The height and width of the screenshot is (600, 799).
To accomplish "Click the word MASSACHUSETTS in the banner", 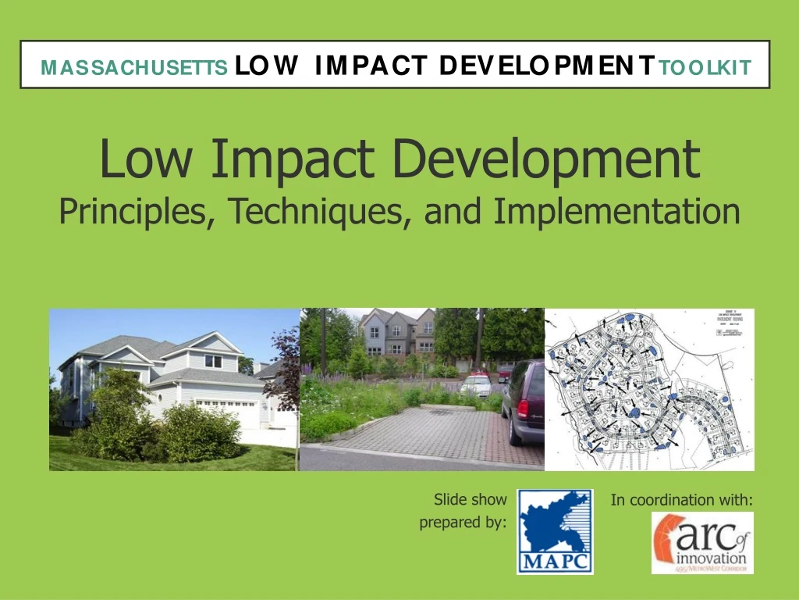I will (134, 68).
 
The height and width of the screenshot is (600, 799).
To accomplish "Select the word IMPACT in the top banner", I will (371, 66).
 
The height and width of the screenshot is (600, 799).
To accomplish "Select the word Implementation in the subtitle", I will (616, 210).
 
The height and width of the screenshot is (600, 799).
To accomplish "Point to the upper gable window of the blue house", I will (212, 361).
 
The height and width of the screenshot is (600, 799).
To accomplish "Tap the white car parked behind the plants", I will (475, 385).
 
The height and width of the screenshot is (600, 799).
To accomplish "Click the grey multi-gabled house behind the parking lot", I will (397, 332).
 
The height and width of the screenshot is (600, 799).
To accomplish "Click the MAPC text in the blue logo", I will (555, 562).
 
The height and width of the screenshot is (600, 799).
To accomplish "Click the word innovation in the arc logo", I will (712, 560).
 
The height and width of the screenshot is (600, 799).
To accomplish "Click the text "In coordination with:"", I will (681, 500).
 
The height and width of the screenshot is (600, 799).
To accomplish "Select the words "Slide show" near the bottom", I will (470, 499).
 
